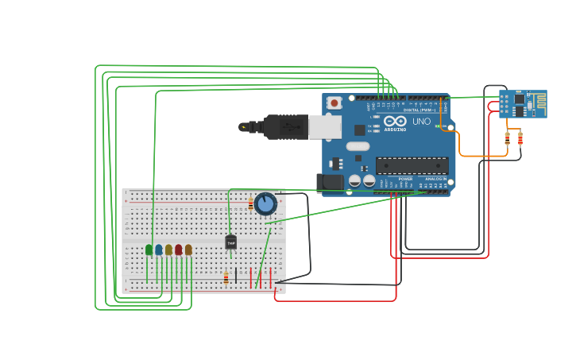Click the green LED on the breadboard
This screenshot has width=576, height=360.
click(149, 250)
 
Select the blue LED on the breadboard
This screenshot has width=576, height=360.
click(159, 250)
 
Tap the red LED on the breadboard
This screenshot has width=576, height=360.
click(179, 250)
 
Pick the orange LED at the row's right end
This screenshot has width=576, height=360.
click(188, 250)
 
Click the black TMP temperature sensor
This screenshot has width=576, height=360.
click(231, 242)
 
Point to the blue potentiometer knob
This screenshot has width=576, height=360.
click(265, 204)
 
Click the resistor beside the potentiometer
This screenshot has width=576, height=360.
click(251, 204)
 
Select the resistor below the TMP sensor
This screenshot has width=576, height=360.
click(226, 277)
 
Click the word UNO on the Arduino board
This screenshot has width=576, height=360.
click(421, 122)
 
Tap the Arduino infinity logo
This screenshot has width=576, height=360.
click(394, 122)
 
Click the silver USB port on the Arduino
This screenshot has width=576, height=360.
click(325, 127)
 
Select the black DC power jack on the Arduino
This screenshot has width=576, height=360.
click(330, 183)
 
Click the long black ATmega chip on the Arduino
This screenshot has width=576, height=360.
click(412, 165)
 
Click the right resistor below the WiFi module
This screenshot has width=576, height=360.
click(520, 139)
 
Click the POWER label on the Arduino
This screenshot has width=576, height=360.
click(406, 179)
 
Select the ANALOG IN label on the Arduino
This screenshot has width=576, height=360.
click(436, 179)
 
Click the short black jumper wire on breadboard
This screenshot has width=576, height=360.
click(236, 276)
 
